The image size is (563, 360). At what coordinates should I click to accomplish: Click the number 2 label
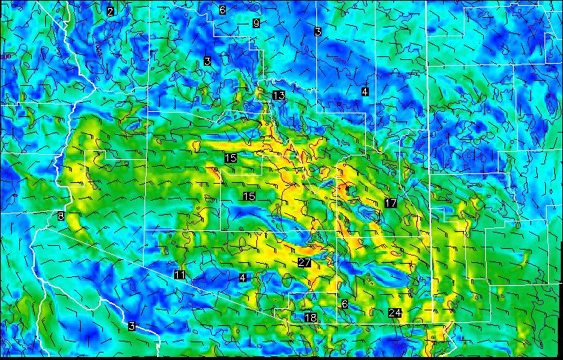pos(110,11)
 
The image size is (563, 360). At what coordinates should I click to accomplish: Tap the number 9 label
pos(256,23)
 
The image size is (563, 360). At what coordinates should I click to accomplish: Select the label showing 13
pos(279,96)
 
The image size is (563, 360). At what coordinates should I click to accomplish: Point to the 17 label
pos(391,203)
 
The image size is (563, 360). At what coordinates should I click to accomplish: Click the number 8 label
pos(61,216)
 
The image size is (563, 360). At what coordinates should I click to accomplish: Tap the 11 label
pos(179,276)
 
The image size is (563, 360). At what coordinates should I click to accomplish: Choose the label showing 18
pos(310,318)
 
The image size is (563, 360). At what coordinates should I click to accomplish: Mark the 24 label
pos(395,313)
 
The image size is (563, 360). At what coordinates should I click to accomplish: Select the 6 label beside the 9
pos(222,10)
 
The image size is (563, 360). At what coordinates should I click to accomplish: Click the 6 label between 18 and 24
pos(344,304)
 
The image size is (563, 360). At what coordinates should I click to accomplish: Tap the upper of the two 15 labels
pos(231,159)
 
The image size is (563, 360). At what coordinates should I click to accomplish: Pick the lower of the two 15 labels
pos(249,196)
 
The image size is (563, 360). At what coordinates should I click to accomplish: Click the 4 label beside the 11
pos(242,278)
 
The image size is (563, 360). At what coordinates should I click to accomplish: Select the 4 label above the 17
pos(364,91)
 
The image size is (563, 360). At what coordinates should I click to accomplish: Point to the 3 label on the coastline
pos(132,327)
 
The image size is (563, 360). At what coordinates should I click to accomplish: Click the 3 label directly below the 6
pos(207,61)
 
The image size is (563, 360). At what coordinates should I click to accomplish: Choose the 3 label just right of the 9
pos(317,31)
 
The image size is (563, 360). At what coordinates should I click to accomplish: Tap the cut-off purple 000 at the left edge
pos(7,56)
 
